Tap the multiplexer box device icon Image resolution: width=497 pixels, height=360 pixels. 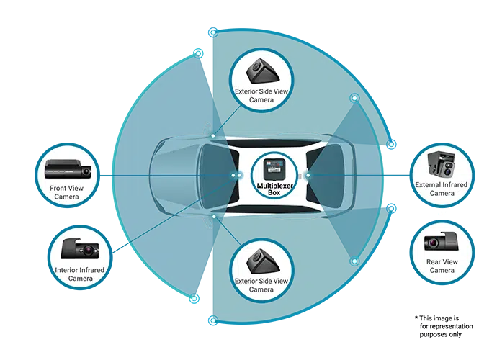272,168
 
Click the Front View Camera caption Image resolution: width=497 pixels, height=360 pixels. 66,192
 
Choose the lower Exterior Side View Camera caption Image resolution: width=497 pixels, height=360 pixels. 260,284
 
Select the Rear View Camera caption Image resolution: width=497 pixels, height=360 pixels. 442,266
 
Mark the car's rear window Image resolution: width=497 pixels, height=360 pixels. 322,175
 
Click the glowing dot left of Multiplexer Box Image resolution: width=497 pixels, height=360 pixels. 235,175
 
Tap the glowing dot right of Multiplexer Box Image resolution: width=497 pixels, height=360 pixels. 308,175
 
